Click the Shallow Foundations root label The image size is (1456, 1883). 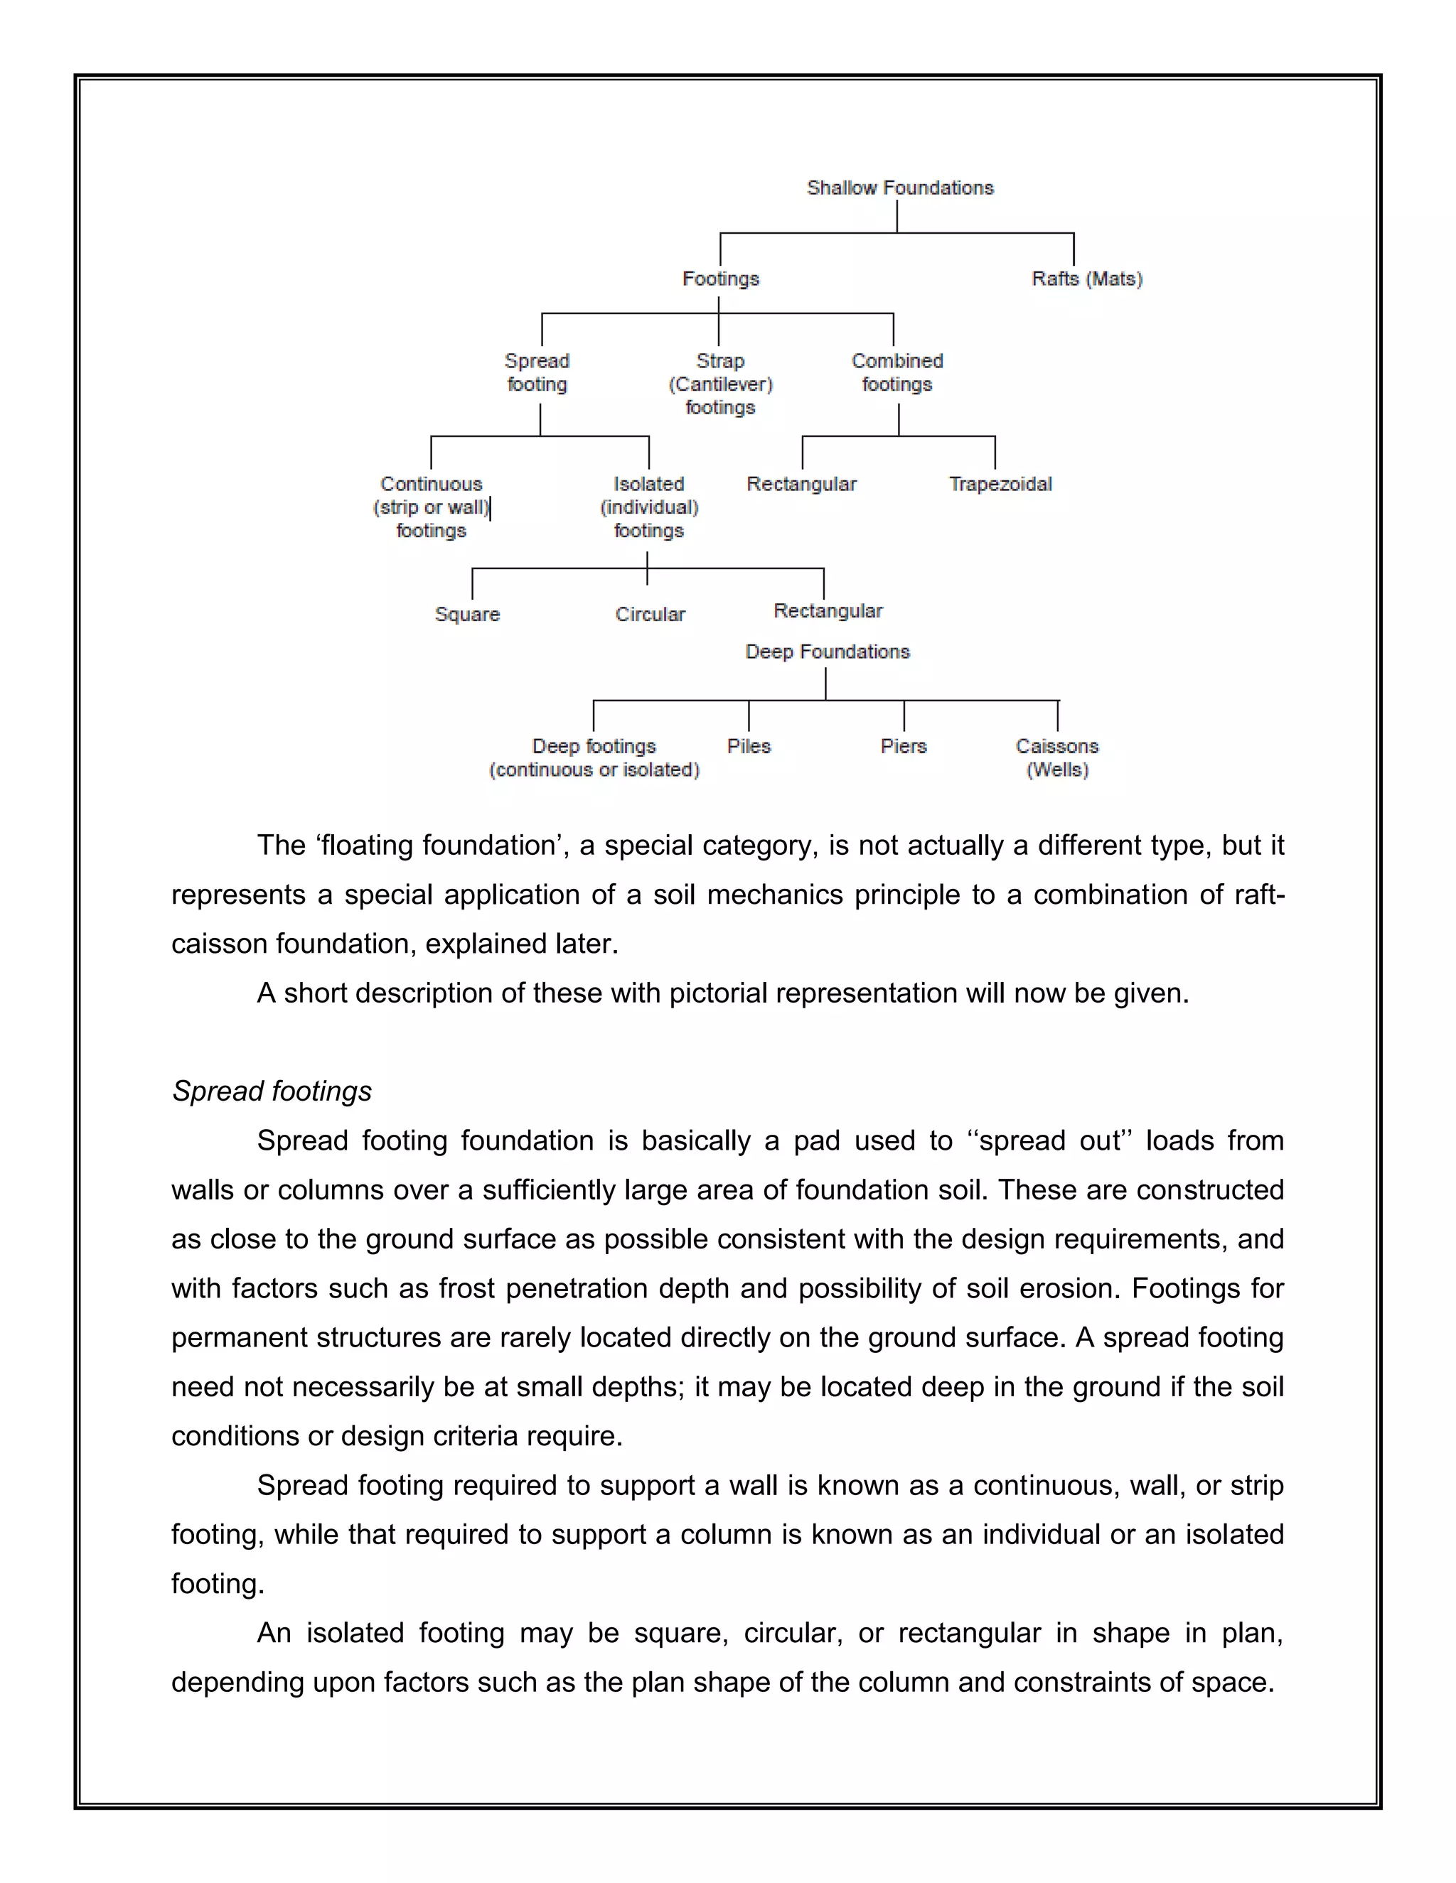click(x=899, y=188)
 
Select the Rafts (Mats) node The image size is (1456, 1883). click(x=1087, y=279)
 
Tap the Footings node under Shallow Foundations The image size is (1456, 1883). click(x=720, y=279)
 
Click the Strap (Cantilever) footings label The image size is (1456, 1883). click(x=720, y=384)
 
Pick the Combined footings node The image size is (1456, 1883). click(x=897, y=372)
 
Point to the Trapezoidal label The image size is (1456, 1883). click(x=1000, y=484)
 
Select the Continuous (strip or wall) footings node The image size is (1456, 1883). click(x=432, y=507)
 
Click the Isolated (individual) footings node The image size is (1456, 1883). click(x=648, y=507)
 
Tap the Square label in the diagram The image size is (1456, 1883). click(x=466, y=614)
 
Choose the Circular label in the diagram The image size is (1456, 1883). click(x=650, y=614)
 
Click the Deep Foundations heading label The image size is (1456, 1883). click(x=828, y=652)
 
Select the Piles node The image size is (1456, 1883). click(x=749, y=746)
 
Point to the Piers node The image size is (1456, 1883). click(x=903, y=746)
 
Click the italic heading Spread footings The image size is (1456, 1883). click(x=272, y=1091)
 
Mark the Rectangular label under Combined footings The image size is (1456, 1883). click(x=801, y=484)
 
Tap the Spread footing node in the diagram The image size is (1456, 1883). click(x=537, y=372)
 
